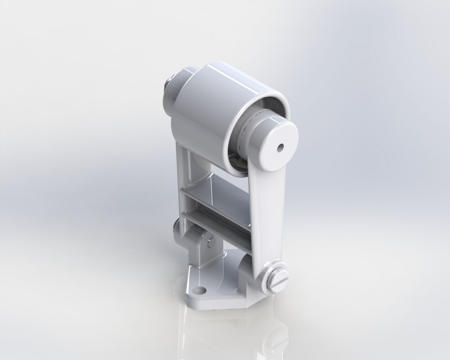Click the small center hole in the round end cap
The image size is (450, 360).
[280, 148]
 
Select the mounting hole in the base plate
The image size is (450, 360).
[201, 290]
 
